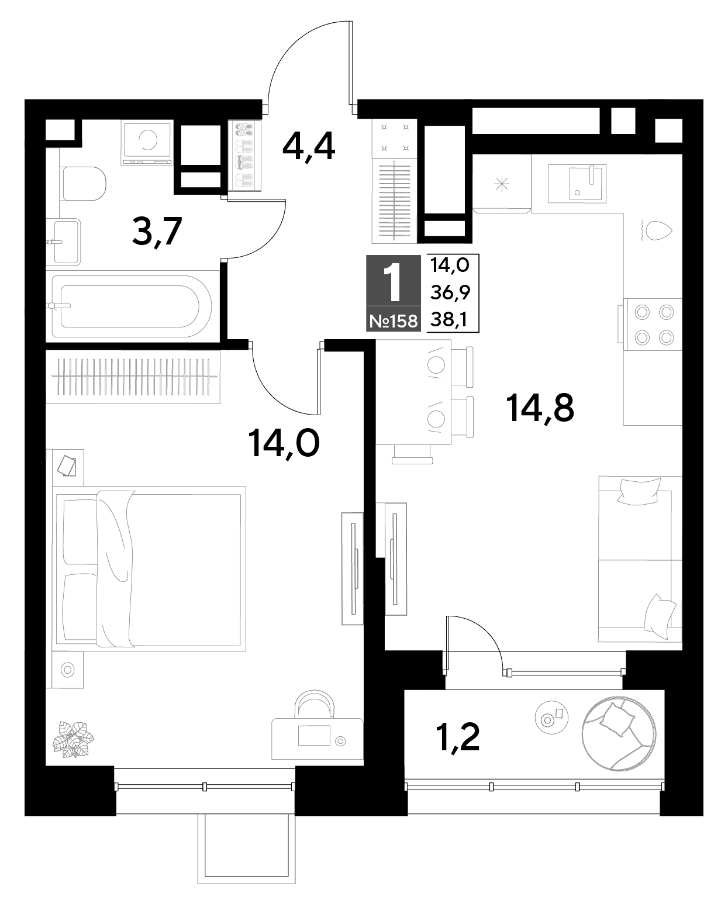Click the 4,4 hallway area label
point(308,147)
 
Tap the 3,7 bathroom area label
point(157,232)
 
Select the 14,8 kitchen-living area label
point(540,407)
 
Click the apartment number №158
point(394,321)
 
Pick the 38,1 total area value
point(448,320)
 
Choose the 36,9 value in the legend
point(450,292)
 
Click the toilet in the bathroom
point(84,184)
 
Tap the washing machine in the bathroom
point(147,142)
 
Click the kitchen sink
point(577,184)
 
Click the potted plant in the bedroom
point(73,739)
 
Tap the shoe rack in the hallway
point(244,156)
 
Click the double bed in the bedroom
point(149,569)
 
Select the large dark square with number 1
point(394,280)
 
